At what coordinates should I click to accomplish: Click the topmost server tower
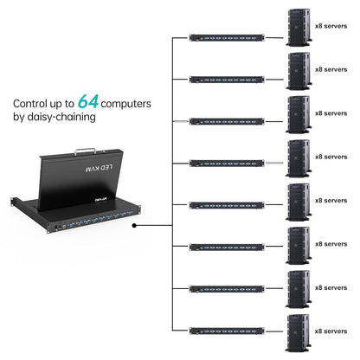tap(298, 26)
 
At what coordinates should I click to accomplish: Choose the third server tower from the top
tap(298, 113)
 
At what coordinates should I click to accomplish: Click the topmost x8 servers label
tap(331, 26)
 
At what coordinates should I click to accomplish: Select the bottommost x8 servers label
tap(331, 330)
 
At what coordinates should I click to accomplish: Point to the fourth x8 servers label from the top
tap(331, 157)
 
